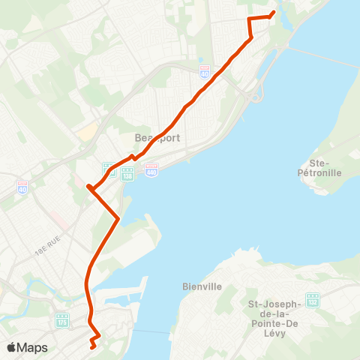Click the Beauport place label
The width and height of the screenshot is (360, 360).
click(153, 138)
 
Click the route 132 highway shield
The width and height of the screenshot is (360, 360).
click(312, 299)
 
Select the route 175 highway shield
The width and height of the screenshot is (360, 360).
click(62, 320)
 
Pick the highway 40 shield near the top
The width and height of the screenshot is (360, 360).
click(205, 70)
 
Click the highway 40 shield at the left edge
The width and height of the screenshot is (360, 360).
click(22, 185)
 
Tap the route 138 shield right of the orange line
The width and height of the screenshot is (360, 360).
click(127, 172)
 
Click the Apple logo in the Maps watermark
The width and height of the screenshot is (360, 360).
click(12, 347)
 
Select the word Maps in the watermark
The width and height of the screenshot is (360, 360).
click(33, 347)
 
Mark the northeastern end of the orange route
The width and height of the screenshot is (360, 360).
click(273, 11)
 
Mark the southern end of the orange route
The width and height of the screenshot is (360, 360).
click(91, 347)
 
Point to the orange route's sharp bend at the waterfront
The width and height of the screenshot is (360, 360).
click(118, 218)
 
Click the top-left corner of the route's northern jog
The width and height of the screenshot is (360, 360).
click(250, 17)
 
